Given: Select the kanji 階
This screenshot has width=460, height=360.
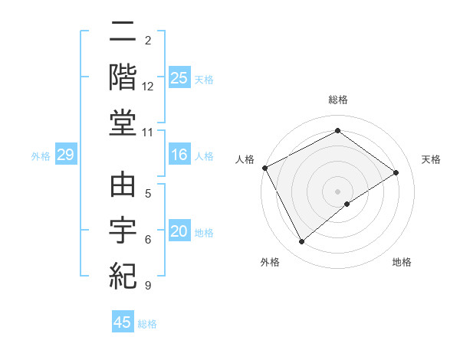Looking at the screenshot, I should [x=123, y=77].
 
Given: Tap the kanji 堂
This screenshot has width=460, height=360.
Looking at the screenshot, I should [x=123, y=123].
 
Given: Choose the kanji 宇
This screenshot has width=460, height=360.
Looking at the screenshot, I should [x=123, y=230].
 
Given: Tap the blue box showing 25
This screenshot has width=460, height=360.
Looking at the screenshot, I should [x=179, y=78].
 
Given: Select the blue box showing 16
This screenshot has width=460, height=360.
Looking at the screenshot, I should [x=179, y=155].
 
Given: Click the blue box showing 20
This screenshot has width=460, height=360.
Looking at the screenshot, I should [x=179, y=232].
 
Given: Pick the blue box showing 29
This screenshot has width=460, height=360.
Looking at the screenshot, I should [x=66, y=155].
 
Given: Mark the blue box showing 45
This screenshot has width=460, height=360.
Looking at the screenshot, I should [x=123, y=322].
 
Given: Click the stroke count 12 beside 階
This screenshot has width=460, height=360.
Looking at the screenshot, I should [x=148, y=87].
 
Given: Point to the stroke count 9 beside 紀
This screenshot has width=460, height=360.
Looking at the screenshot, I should [x=147, y=286].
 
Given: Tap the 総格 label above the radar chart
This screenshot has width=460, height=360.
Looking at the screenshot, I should [x=338, y=100].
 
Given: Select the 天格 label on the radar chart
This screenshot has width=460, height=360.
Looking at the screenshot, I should [x=431, y=159].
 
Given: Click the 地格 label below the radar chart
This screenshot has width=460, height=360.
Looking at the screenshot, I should [x=402, y=262].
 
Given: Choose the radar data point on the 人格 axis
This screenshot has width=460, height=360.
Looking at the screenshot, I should [x=264, y=168].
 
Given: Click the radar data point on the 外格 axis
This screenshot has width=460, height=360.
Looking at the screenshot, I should [x=301, y=242].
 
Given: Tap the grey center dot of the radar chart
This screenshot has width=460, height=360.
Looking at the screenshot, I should [x=338, y=191].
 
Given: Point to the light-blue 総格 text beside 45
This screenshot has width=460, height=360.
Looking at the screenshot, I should [x=147, y=324].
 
